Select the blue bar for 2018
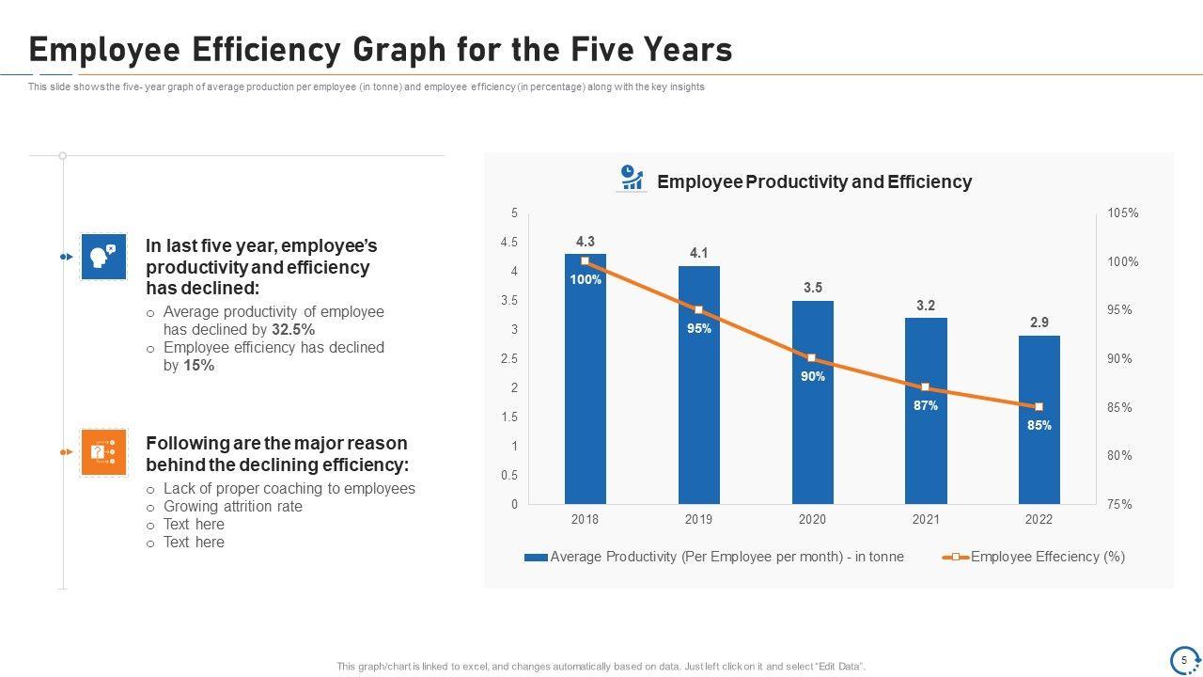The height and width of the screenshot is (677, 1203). pyautogui.click(x=585, y=395)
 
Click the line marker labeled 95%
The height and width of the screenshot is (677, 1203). pyautogui.click(x=698, y=309)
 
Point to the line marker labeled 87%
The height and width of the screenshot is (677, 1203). pyautogui.click(x=925, y=387)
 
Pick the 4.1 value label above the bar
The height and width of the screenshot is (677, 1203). pyautogui.click(x=698, y=253)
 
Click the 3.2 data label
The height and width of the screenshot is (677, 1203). pyautogui.click(x=926, y=306)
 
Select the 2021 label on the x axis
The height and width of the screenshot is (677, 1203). pyautogui.click(x=925, y=519)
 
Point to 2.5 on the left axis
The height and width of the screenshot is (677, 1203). pyautogui.click(x=509, y=359)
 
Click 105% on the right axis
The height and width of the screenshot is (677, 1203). pyautogui.click(x=1122, y=213)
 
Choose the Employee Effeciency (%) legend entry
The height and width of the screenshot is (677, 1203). pyautogui.click(x=1034, y=557)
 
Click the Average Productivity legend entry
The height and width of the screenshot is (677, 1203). pyautogui.click(x=714, y=557)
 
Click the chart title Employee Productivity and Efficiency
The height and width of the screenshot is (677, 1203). pyautogui.click(x=814, y=181)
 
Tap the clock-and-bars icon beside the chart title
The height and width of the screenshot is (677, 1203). pyautogui.click(x=632, y=178)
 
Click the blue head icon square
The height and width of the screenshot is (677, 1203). pyautogui.click(x=103, y=257)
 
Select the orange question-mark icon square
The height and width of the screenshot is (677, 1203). pyautogui.click(x=103, y=452)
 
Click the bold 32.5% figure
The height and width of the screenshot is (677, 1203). pyautogui.click(x=293, y=330)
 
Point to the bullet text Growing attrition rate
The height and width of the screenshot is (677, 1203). pyautogui.click(x=233, y=507)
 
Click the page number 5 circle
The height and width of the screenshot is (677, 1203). pyautogui.click(x=1184, y=659)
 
